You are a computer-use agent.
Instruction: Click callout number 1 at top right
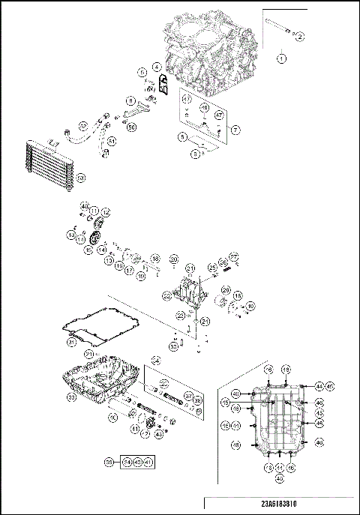click(283, 57)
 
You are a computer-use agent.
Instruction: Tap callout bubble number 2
click(300, 36)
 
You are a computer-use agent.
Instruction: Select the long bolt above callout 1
click(280, 31)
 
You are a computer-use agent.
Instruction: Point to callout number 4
click(157, 67)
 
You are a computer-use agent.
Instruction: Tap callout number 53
click(82, 177)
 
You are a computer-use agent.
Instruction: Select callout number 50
click(132, 127)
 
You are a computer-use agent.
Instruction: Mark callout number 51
click(111, 140)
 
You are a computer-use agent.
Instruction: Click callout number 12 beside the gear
click(106, 213)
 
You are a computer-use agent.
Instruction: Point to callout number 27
click(233, 257)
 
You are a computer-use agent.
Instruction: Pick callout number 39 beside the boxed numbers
click(109, 463)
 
